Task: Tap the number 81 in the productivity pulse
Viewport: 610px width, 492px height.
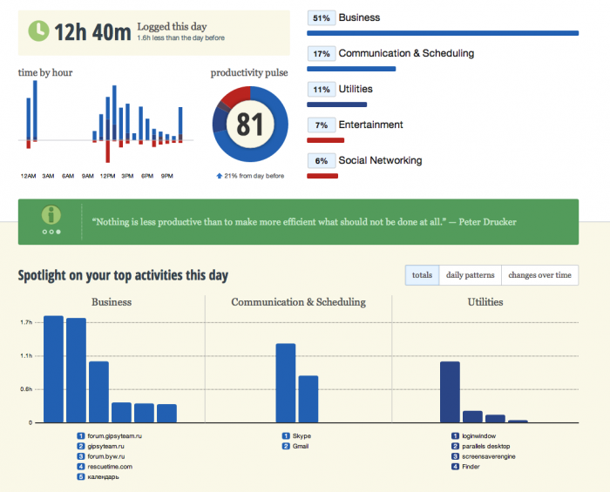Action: (x=249, y=125)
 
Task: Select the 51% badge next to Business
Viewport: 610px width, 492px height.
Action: (x=321, y=17)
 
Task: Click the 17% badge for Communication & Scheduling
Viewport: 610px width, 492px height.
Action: (x=321, y=53)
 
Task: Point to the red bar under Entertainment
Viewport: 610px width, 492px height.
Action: (x=326, y=139)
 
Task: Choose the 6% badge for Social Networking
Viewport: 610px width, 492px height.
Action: (x=321, y=160)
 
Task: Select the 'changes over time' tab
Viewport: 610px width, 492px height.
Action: (x=539, y=275)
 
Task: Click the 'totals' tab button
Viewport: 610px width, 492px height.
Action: (x=422, y=275)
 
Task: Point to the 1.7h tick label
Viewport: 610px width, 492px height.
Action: (x=26, y=322)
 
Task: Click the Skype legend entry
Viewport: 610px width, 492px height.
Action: (x=302, y=435)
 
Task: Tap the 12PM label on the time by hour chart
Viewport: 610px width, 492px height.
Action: (x=108, y=176)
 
